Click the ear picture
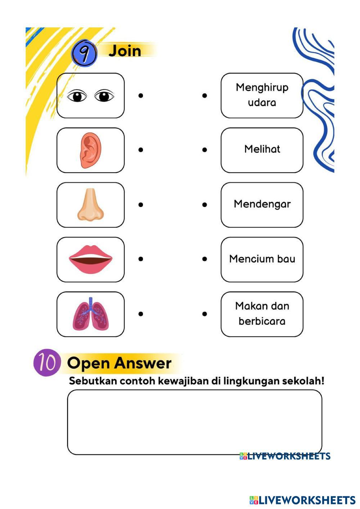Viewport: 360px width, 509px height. (90, 150)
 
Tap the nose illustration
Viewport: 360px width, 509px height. (90, 205)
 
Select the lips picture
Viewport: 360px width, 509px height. (90, 259)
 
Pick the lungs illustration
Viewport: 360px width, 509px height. (90, 314)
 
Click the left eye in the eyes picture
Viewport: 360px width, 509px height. (77, 96)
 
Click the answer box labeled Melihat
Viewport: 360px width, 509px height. (262, 150)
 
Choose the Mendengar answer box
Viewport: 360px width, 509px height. (262, 204)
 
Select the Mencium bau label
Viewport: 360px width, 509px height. (262, 259)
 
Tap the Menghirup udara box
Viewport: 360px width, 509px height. (262, 95)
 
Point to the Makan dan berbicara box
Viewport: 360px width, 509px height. (262, 314)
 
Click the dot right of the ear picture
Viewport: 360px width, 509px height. (141, 150)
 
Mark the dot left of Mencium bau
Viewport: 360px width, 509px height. (204, 259)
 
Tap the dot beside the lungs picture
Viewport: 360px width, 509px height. (141, 314)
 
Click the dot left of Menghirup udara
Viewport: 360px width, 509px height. (204, 95)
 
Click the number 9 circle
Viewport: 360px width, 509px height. (84, 54)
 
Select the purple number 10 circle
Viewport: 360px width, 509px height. (46, 363)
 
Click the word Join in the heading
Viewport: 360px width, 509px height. (125, 51)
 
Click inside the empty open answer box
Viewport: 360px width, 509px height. (194, 422)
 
